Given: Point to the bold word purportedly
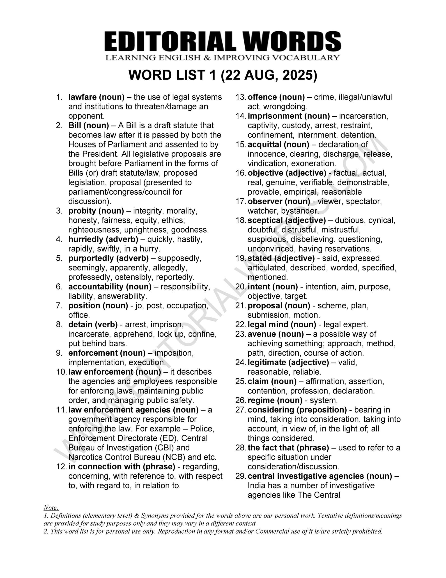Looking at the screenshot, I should [x=91, y=258].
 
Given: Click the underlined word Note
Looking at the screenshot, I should [x=51, y=508].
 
